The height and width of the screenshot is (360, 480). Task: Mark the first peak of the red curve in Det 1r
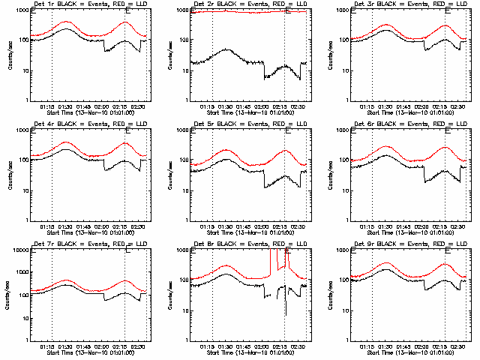pos(67,22)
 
